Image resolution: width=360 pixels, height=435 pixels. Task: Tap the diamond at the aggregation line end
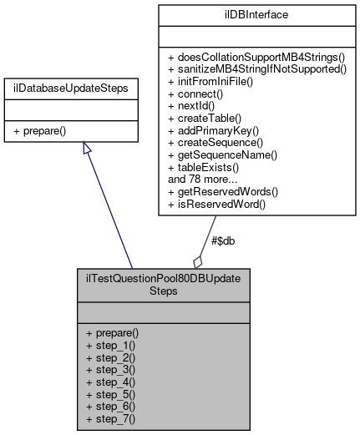tap(198, 260)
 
